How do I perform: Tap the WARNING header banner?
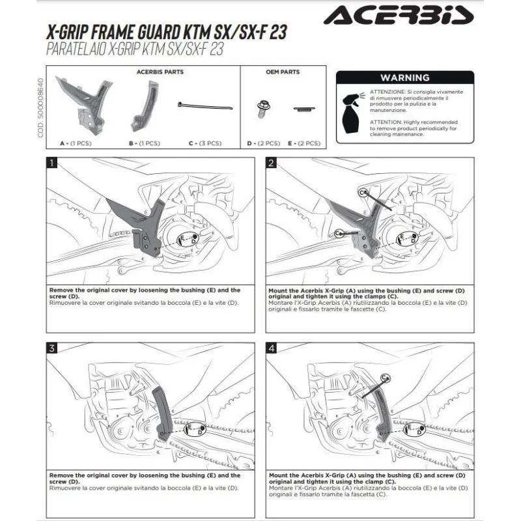pos(404,77)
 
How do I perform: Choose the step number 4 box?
pos(271,348)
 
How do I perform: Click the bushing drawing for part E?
pos(303,108)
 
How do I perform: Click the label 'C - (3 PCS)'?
pos(204,143)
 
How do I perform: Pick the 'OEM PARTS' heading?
pos(283,72)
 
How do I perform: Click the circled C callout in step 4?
pos(385,377)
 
